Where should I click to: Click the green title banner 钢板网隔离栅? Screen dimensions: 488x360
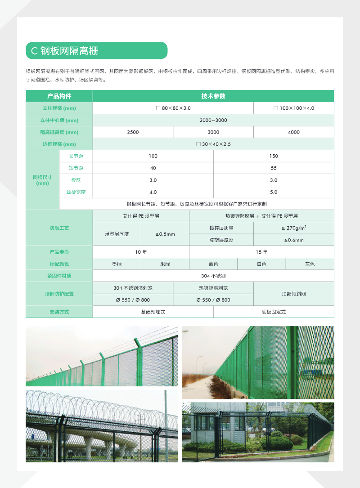96,51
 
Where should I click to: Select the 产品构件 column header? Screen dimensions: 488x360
59,96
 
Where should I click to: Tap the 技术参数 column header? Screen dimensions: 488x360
213,96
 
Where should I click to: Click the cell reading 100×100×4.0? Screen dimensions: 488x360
294,108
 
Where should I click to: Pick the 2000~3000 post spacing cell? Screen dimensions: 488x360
213,120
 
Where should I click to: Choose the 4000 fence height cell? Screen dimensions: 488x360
294,132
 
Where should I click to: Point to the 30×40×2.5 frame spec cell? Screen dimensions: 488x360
213,144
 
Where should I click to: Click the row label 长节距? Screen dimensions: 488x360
76,156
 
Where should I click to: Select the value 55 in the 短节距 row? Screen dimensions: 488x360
274,168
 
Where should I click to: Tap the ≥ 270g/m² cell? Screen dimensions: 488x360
294,228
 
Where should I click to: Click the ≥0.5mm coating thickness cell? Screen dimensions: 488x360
165,234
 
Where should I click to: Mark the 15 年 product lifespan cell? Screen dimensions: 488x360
261,252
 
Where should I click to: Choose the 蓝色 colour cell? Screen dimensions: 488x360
213,264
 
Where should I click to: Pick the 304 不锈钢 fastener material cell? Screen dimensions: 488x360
213,276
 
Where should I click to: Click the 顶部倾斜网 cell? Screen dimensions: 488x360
294,294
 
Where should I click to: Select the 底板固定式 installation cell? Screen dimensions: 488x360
274,312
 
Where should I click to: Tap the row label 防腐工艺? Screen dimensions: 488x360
59,228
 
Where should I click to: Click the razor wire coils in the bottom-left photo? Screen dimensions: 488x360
90,403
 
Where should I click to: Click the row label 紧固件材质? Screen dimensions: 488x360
59,276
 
